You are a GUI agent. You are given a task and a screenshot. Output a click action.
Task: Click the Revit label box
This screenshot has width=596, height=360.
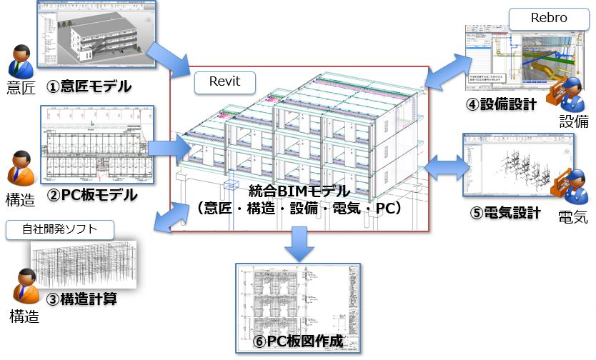226,82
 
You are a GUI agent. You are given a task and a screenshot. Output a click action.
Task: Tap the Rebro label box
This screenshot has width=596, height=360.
548,18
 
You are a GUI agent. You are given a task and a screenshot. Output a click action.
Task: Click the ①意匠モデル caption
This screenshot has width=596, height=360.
89,87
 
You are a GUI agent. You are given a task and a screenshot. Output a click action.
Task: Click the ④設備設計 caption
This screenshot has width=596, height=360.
502,104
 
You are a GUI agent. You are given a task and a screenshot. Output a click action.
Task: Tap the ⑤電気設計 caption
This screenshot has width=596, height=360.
501,213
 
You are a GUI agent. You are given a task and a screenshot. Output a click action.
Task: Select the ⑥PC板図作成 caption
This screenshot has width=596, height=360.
299,341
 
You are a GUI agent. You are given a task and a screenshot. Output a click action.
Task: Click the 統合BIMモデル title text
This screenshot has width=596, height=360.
299,191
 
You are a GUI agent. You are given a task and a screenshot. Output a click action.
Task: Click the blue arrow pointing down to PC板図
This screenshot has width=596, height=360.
299,244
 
